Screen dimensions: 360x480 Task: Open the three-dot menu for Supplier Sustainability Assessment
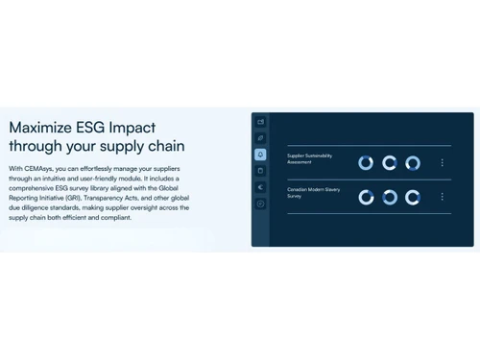442,162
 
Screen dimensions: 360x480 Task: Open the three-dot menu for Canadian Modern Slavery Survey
442,197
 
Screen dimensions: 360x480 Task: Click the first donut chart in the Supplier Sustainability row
366,163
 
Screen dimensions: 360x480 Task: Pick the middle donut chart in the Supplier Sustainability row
389,163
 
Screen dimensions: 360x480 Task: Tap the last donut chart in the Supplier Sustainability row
413,163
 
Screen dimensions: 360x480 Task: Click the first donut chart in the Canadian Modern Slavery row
366,198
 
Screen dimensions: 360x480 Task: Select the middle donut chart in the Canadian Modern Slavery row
389,198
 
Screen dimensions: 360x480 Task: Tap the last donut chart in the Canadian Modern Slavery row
413,198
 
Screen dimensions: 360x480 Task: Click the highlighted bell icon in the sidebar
260,155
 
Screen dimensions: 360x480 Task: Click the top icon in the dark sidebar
260,122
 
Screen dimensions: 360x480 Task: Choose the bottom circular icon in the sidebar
260,204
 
